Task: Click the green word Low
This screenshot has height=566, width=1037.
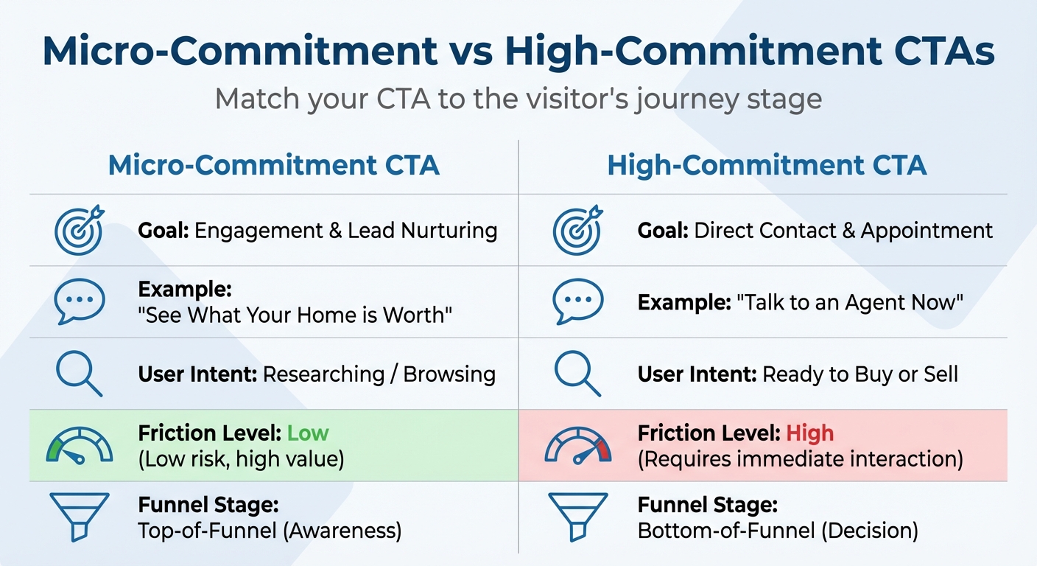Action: [x=308, y=433]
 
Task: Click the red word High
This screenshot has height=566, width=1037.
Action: [x=809, y=433]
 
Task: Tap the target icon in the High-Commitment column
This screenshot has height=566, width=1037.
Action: [x=577, y=229]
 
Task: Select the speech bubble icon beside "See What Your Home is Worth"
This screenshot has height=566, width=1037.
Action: [x=80, y=301]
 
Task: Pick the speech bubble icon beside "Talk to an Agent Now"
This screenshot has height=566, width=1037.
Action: [x=577, y=301]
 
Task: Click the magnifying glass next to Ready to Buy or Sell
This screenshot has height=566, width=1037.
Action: [x=577, y=374]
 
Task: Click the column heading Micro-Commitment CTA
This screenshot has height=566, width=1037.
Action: [x=273, y=165]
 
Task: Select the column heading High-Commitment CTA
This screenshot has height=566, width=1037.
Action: [x=767, y=165]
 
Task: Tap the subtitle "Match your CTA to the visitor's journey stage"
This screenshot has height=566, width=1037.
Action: [x=518, y=99]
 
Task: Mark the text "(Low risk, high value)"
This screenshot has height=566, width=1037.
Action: [x=241, y=459]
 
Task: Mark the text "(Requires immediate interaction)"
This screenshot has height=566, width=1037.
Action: [x=800, y=459]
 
